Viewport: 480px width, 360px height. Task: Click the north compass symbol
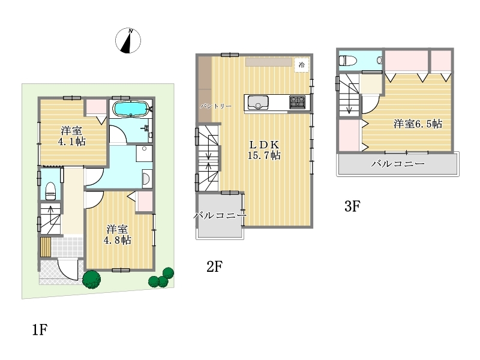coord(128,40)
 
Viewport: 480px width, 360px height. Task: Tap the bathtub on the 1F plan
coord(131,109)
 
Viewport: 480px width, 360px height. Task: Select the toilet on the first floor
coord(50,190)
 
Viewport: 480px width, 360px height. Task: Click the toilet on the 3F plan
coord(348,61)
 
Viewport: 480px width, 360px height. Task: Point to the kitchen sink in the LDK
coord(258,103)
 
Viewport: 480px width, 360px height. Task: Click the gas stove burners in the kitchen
coord(297,102)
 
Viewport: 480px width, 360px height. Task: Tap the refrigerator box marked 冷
coord(302,65)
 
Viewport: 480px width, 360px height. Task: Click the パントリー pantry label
coord(216,106)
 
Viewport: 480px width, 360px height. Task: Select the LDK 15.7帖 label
coord(264,150)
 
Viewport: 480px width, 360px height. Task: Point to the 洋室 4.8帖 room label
coord(118,235)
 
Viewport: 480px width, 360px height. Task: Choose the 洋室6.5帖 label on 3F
coord(418,124)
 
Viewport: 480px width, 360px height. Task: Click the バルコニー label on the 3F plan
coord(398,164)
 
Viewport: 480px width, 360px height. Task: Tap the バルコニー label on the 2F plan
coord(220,215)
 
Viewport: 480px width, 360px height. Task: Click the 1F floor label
coord(40,329)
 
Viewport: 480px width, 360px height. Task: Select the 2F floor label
coord(214,266)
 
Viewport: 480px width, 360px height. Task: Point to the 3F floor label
coord(352,206)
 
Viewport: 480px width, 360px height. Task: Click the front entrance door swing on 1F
coord(68,269)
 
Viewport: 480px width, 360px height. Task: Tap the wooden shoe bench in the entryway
coord(46,247)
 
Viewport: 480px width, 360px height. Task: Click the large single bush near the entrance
coord(92,279)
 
